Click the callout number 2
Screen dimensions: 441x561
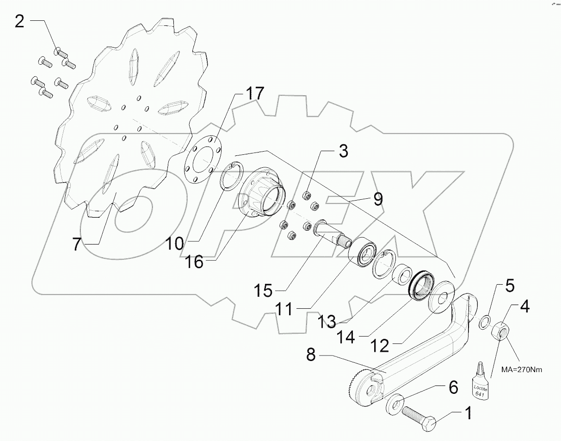click(19, 22)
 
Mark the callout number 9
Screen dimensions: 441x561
click(378, 200)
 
